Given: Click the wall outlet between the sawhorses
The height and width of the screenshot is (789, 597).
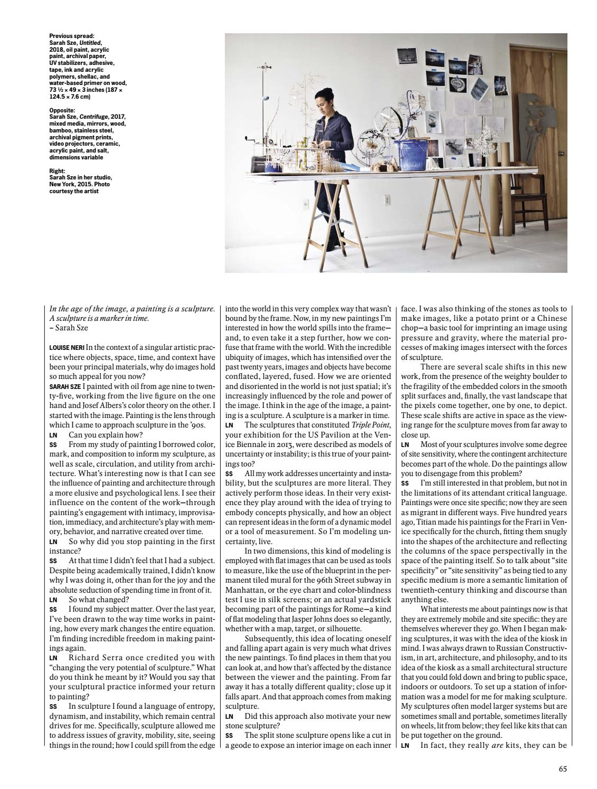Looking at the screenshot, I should [x=386, y=201].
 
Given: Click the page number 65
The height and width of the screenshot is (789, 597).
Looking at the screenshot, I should [x=563, y=769].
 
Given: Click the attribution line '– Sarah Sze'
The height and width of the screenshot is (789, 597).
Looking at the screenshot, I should [x=69, y=328].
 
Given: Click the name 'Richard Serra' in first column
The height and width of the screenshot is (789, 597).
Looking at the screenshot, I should [x=94, y=658].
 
